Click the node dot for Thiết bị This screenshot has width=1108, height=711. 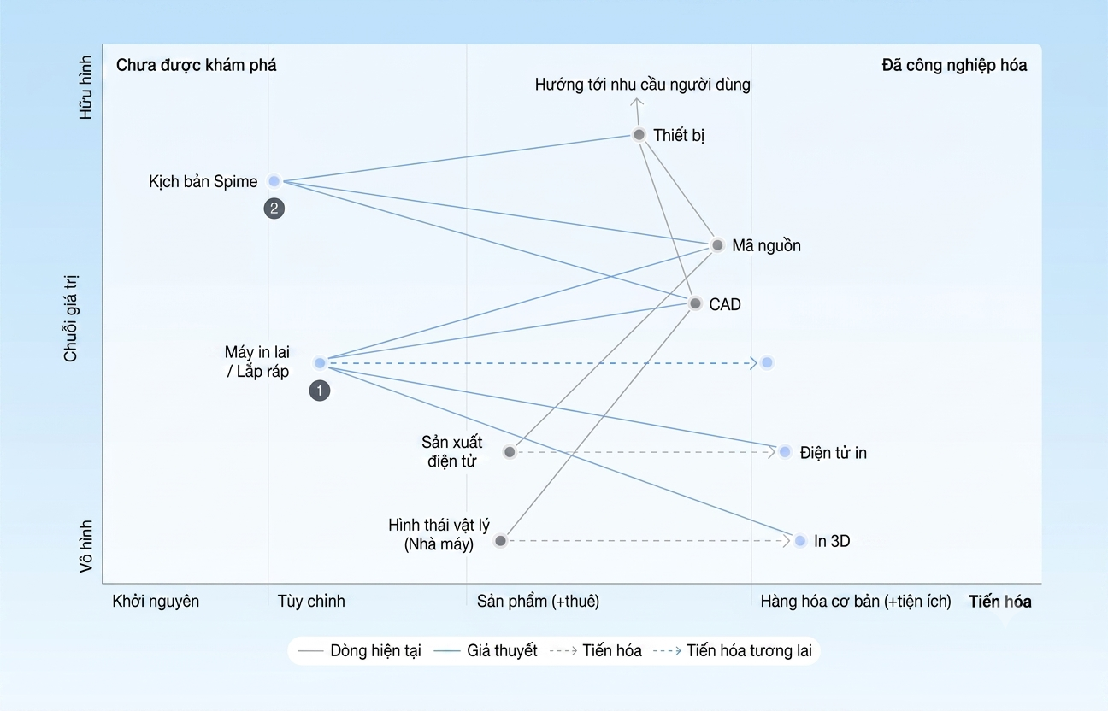[639, 134]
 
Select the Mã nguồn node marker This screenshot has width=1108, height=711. [717, 244]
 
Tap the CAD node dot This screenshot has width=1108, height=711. [695, 303]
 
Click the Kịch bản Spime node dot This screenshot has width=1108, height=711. [274, 181]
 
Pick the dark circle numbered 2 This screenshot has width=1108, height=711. [274, 209]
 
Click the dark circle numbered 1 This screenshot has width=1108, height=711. [320, 391]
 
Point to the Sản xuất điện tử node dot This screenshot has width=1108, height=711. [510, 451]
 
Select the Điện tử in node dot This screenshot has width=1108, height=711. [785, 451]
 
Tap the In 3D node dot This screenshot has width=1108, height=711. [800, 540]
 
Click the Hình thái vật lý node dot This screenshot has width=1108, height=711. [500, 540]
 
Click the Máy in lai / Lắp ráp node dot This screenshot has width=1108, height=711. [320, 363]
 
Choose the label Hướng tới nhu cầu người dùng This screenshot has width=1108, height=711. [643, 85]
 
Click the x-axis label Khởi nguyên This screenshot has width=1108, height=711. [156, 602]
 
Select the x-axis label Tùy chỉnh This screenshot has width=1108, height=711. [311, 602]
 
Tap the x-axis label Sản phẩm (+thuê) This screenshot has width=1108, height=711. [538, 602]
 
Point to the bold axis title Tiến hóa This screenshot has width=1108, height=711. [1000, 602]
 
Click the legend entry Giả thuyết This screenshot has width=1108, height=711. [502, 650]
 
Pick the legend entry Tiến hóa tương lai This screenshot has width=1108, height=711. [749, 650]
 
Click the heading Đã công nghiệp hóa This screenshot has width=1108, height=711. [954, 65]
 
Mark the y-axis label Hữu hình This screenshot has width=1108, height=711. [86, 87]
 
